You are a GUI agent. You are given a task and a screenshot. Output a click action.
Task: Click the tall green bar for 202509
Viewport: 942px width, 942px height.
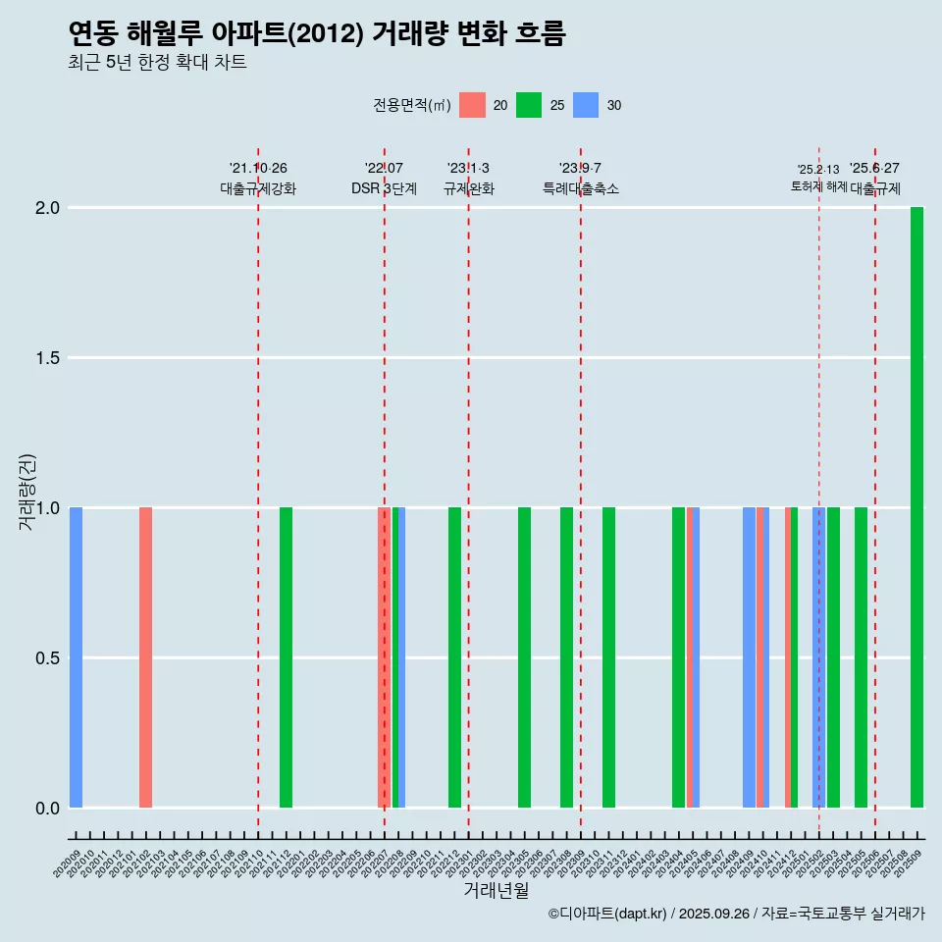(x=916, y=507)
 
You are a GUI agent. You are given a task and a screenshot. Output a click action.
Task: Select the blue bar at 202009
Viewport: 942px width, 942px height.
(x=76, y=657)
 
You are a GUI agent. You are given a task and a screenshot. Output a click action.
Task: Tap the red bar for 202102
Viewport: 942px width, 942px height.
(x=145, y=657)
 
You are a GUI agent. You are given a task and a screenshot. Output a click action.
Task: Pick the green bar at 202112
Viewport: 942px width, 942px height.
(x=286, y=657)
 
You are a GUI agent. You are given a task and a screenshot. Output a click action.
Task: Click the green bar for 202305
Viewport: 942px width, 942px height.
(x=524, y=657)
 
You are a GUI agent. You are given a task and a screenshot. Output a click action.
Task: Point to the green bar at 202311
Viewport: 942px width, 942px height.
(x=608, y=657)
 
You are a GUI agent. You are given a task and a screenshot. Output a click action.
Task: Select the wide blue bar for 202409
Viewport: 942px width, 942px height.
(x=749, y=657)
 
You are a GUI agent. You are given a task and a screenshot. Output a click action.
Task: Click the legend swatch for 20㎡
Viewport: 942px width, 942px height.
(x=472, y=105)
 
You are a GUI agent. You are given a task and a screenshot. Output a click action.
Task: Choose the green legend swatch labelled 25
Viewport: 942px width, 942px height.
(x=529, y=105)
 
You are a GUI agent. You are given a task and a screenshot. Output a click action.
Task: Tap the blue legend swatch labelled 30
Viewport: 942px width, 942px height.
(x=586, y=105)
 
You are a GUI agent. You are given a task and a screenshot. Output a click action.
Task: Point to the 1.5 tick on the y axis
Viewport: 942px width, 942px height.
(x=46, y=358)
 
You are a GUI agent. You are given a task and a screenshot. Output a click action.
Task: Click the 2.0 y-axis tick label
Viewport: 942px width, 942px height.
(x=46, y=208)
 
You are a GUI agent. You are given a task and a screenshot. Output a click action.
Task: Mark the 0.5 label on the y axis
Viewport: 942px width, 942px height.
(x=46, y=657)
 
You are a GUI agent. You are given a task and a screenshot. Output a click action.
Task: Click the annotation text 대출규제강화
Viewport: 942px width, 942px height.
(x=257, y=188)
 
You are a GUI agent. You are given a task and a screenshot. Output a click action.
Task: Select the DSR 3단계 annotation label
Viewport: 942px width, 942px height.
(x=384, y=188)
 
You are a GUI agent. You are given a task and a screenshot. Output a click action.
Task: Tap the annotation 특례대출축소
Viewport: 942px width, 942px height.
(x=581, y=188)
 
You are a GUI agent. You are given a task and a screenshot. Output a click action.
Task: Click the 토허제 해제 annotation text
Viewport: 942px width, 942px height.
(x=818, y=186)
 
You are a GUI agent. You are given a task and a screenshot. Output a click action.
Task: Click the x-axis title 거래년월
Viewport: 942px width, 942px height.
(x=496, y=890)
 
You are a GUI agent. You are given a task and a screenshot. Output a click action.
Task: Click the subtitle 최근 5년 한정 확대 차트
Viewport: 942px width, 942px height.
(x=157, y=63)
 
